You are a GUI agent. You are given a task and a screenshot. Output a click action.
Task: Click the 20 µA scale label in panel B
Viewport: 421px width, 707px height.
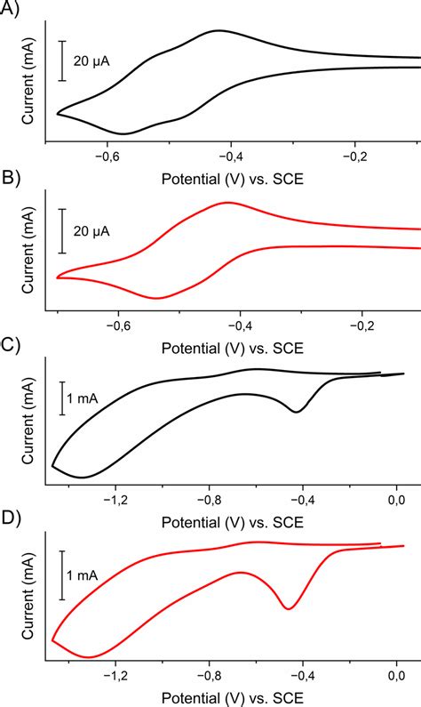(x=92, y=230)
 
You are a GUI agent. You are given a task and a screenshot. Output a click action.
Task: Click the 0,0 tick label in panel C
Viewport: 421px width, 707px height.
(x=395, y=500)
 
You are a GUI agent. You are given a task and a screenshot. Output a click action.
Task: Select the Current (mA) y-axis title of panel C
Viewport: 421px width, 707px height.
(x=28, y=425)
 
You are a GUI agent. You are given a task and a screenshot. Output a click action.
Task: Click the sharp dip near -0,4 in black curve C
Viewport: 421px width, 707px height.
(x=297, y=412)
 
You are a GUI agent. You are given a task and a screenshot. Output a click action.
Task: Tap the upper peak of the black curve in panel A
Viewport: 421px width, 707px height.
(x=218, y=31)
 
